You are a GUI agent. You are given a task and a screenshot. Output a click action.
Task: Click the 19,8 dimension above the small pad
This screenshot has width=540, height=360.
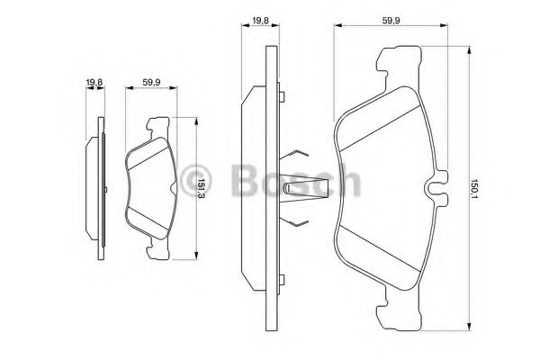93,84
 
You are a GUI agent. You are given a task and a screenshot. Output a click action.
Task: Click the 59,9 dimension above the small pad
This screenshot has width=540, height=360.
151,84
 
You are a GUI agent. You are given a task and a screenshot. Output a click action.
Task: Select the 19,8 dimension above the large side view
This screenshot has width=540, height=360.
260,19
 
